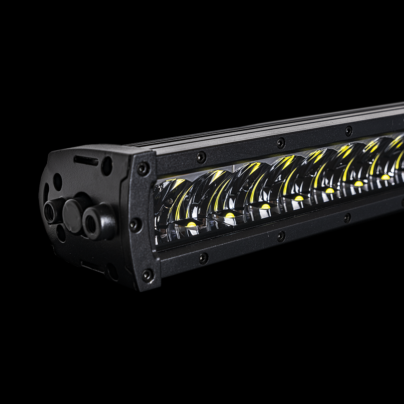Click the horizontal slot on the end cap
coord(86,161)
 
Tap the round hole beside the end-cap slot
coord(107,166)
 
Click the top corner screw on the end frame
coord(143,169)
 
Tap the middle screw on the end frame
coord(135,225)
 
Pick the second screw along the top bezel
coord(281,143)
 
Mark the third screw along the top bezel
coord(348,131)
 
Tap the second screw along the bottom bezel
coord(281,236)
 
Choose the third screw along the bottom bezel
coord(347,218)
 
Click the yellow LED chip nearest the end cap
coord(191,224)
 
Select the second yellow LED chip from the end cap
coord(229,215)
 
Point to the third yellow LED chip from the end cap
coord(265,206)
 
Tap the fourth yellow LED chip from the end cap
coord(299,198)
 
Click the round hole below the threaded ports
coord(61,233)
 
